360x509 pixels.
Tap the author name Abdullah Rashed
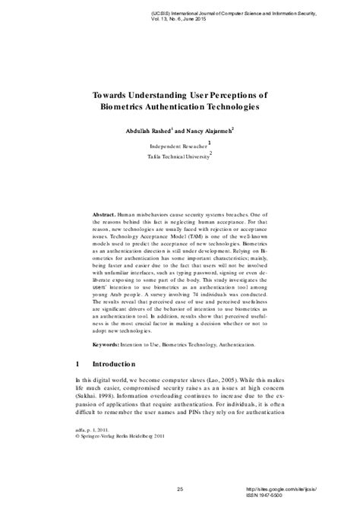(x=153, y=131)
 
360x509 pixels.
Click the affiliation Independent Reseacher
(x=178, y=145)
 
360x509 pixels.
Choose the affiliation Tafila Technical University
(x=179, y=158)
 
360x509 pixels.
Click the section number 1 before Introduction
(x=78, y=364)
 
